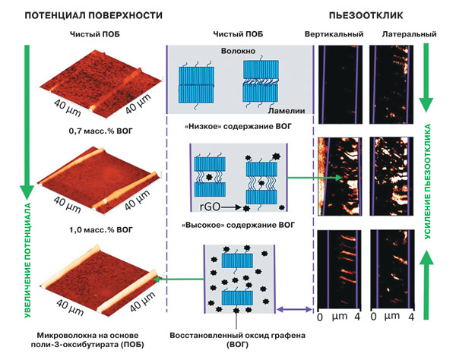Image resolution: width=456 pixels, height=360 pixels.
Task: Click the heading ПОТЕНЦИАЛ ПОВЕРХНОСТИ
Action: point(93,15)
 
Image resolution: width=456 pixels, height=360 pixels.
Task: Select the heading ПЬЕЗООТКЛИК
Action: point(366,15)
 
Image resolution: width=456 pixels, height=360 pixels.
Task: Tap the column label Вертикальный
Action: point(334,34)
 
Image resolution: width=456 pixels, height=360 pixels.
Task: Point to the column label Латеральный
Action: point(409,34)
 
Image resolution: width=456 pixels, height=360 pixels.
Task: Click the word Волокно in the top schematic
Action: point(238,51)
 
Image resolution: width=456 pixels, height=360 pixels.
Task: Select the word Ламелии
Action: point(287,111)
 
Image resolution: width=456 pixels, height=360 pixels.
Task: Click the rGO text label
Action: point(210,207)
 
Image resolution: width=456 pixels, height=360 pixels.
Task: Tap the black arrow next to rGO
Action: point(231,207)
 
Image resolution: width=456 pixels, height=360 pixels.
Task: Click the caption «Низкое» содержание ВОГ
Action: point(238,127)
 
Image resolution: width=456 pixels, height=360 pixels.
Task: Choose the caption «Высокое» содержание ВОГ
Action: point(238,225)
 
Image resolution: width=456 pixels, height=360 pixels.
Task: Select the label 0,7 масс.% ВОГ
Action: point(100,131)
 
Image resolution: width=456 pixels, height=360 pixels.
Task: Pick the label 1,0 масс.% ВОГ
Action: point(100,230)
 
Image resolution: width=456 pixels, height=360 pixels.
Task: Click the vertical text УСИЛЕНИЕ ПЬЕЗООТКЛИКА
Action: point(427,182)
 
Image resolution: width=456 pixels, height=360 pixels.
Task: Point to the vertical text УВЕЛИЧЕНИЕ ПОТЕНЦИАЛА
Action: point(27,261)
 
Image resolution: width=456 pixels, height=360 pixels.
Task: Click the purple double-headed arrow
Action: point(295,309)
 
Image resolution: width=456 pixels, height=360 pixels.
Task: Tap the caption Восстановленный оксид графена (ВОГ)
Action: point(238,340)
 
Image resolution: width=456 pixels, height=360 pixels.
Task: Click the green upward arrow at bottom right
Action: point(426,285)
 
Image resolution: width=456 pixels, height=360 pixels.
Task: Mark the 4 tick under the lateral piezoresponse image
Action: point(411,317)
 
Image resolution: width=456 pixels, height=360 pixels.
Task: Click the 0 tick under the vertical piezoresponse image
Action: point(320,317)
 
